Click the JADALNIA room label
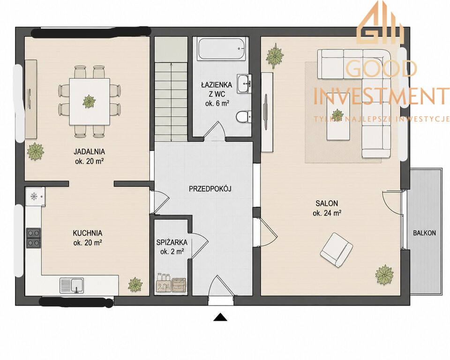(89, 151)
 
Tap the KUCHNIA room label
(88, 233)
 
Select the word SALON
(327, 203)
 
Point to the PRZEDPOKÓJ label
(210, 188)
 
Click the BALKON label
(425, 233)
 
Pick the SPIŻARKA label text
(172, 242)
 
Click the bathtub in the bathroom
(221, 49)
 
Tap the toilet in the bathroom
(244, 117)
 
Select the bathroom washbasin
(244, 83)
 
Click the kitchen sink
(72, 285)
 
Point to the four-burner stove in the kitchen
(34, 238)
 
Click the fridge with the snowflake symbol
(35, 197)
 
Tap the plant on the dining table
(89, 101)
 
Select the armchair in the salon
(337, 250)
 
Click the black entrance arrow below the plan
(220, 317)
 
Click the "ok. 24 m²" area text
(327, 213)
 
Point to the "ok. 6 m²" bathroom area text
(217, 104)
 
